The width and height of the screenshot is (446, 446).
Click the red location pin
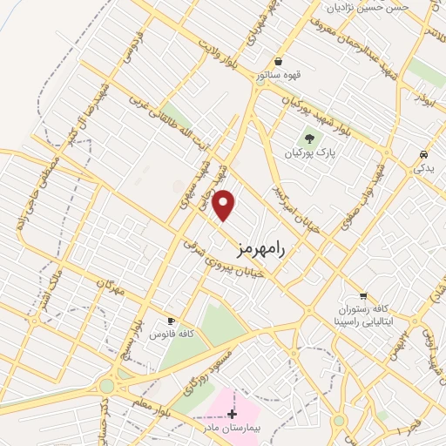[225, 205]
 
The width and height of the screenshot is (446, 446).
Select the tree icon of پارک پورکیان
[307, 138]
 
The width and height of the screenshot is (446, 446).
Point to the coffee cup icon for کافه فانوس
[171, 321]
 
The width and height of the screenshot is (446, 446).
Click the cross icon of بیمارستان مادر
[231, 414]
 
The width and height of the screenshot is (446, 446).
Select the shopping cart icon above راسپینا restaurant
[363, 295]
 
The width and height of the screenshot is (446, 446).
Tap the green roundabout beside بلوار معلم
[106, 385]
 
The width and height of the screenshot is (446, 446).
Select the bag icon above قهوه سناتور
[277, 62]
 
